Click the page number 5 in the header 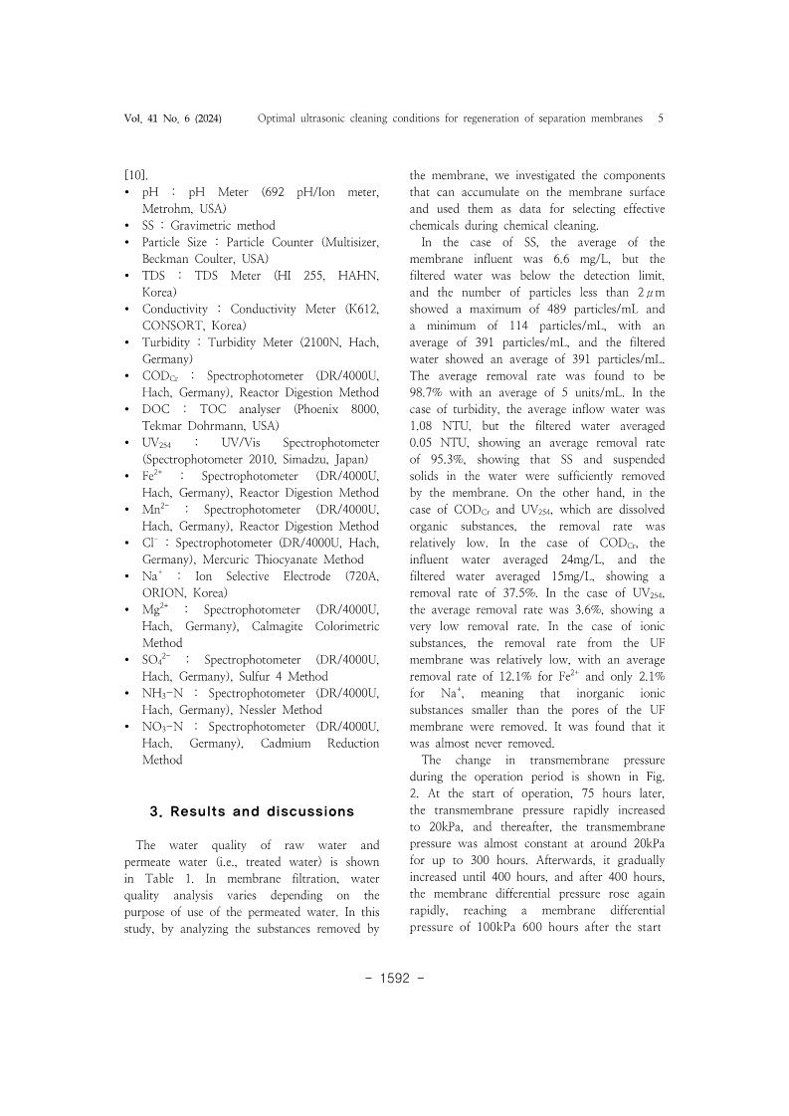[661, 118]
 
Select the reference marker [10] [134, 174]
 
